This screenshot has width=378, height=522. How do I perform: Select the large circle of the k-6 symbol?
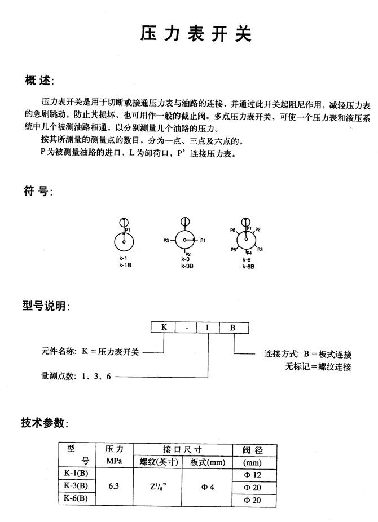[246, 240]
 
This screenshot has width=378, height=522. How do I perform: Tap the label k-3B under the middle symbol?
[187, 265]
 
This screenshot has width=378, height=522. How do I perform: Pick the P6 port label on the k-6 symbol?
[232, 230]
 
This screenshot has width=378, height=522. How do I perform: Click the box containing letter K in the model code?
[164, 327]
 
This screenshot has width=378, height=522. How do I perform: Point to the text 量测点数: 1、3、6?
[76, 376]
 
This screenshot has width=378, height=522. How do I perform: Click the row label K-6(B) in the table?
[76, 498]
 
